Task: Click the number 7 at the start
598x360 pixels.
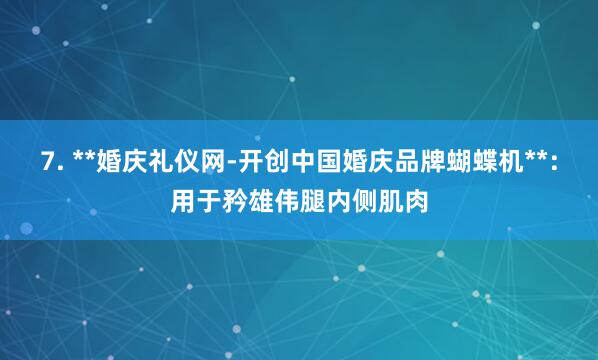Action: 49,162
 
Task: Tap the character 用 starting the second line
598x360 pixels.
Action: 182,202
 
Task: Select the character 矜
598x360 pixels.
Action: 234,202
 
